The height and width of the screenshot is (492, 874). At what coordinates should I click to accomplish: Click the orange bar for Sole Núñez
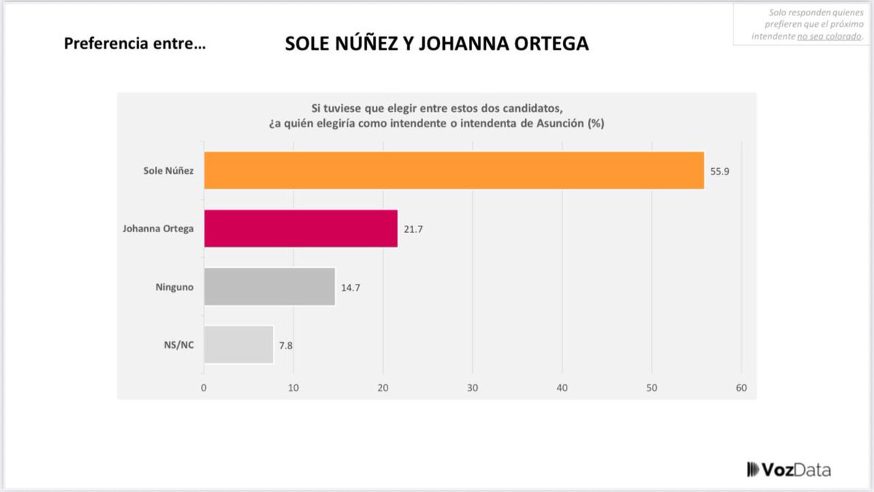(454, 170)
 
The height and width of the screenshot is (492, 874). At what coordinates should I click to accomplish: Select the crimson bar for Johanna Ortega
(301, 229)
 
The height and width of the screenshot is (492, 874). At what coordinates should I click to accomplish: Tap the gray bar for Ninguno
(269, 287)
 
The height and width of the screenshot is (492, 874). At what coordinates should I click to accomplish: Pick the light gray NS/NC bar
(238, 344)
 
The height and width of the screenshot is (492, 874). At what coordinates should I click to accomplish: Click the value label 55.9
(720, 171)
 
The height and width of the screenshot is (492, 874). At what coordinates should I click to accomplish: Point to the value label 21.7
(413, 229)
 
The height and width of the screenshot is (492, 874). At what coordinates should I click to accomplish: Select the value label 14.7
(350, 287)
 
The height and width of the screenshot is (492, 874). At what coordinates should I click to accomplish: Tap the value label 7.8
(286, 345)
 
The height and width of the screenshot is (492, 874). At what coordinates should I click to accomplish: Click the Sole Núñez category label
(168, 171)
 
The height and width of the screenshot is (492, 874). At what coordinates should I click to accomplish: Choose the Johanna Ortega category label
(158, 229)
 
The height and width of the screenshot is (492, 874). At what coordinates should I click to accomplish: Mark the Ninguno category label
(175, 287)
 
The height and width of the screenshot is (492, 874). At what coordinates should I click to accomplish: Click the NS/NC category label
(180, 345)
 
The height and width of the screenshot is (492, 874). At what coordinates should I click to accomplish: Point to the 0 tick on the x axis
(204, 388)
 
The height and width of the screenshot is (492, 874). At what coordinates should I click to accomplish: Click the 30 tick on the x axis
(473, 388)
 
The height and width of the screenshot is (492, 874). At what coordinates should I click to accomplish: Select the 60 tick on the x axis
(741, 388)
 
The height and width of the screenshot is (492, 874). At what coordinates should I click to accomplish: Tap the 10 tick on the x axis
(294, 388)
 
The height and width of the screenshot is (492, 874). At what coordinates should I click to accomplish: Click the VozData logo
(789, 469)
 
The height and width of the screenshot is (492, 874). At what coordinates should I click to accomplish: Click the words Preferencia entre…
(135, 44)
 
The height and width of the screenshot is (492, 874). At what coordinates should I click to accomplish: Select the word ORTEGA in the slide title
(543, 44)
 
